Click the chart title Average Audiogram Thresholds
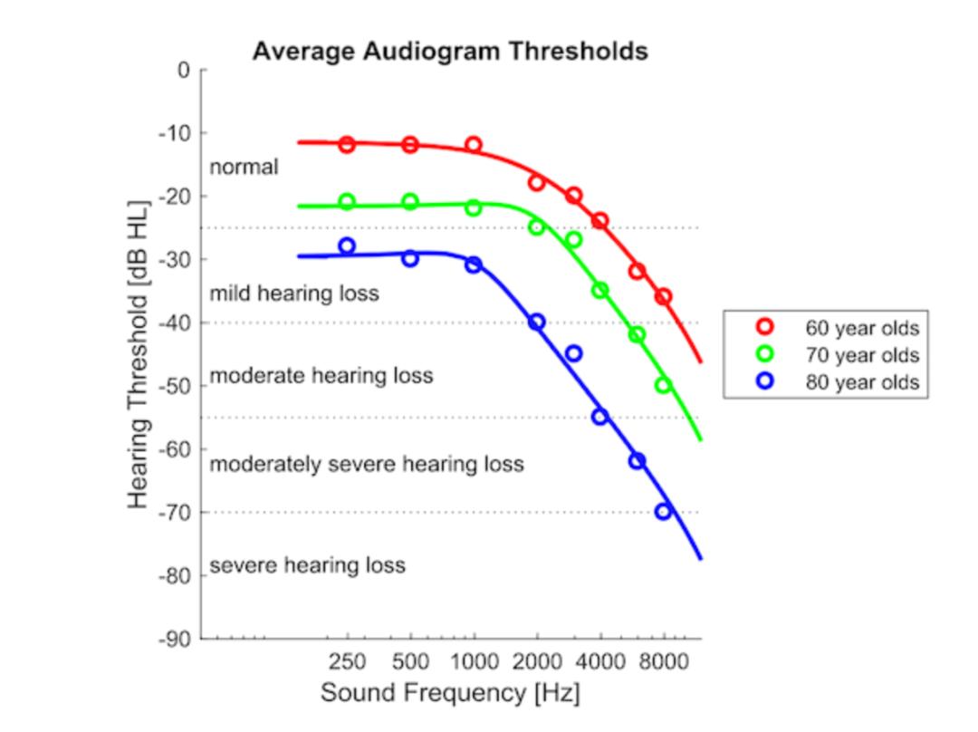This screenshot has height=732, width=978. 450,51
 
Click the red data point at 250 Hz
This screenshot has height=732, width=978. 347,144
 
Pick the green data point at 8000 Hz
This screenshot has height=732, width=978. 664,385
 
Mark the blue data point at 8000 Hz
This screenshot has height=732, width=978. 664,512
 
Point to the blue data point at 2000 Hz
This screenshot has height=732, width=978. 537,322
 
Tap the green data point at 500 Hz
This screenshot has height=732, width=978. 410,202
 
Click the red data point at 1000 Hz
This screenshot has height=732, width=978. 474,145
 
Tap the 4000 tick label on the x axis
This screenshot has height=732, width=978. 599,661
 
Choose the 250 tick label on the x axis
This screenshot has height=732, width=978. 347,661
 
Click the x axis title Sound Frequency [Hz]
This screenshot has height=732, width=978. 450,694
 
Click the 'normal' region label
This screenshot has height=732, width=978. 244,168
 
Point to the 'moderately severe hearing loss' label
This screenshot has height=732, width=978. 367,465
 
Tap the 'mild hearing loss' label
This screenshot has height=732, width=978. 294,294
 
